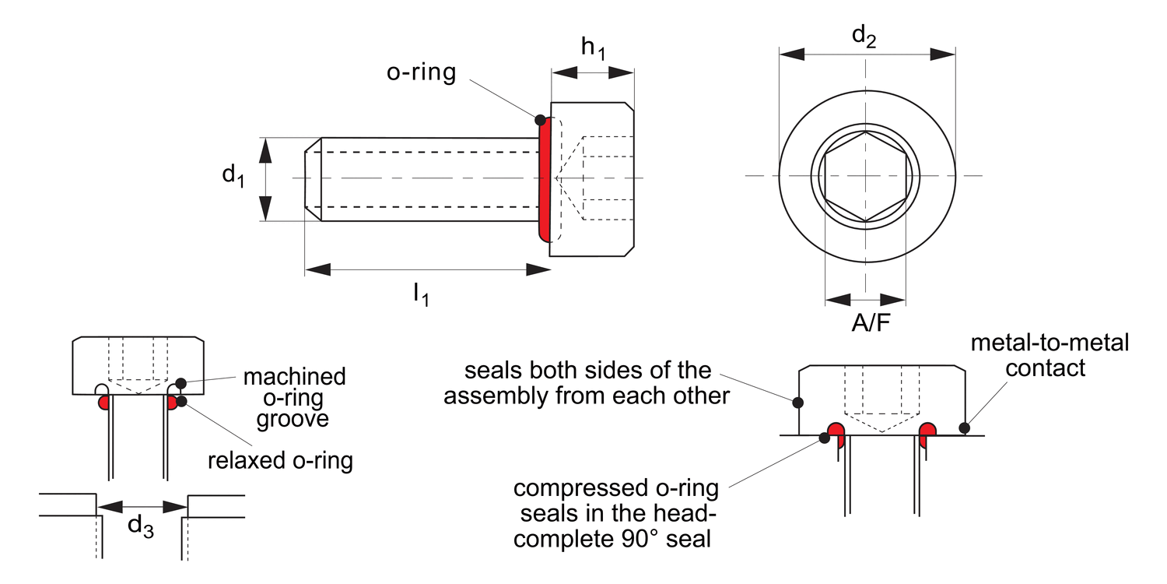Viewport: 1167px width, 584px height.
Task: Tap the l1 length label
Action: click(x=420, y=294)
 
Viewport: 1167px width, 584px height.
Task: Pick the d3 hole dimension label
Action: click(x=141, y=527)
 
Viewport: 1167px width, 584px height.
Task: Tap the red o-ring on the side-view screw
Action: click(x=546, y=179)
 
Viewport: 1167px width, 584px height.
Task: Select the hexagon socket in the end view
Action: click(x=865, y=176)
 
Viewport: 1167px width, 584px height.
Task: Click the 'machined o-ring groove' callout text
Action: click(x=294, y=398)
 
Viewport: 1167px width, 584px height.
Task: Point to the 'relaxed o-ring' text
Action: click(x=280, y=460)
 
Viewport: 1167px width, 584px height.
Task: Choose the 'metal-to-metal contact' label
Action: click(x=1049, y=354)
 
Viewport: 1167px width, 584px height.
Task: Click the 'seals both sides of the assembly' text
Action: click(x=587, y=382)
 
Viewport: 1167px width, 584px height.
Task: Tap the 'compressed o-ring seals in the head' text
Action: click(x=616, y=514)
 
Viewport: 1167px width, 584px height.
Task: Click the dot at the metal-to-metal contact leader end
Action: click(x=965, y=427)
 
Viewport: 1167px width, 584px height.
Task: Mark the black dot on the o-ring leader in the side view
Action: click(x=540, y=119)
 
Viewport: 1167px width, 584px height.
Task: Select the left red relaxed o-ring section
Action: click(x=103, y=403)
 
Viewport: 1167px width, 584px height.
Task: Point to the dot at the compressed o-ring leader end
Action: click(x=824, y=438)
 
